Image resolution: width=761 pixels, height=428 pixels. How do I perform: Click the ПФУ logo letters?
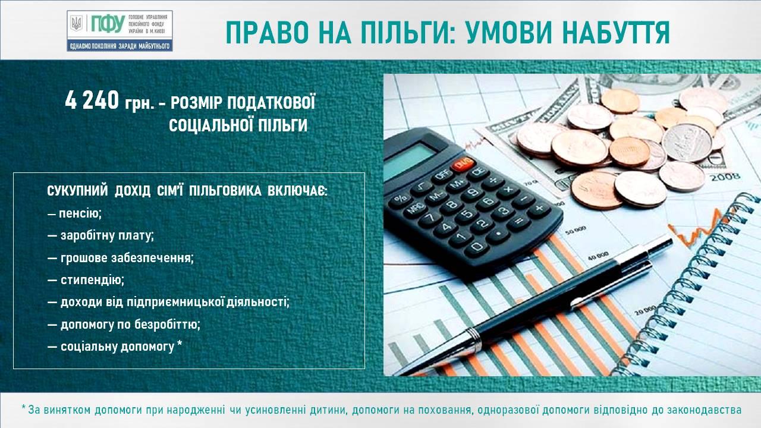[x=108, y=24]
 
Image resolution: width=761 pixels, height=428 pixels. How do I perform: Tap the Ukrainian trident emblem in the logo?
[x=77, y=24]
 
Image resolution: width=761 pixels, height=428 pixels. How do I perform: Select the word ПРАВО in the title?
[x=264, y=33]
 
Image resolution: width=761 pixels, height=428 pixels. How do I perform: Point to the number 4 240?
[x=92, y=100]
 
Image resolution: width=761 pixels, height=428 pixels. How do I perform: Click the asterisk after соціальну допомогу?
[x=180, y=345]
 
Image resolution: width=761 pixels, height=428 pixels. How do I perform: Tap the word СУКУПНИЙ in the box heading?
[x=77, y=191]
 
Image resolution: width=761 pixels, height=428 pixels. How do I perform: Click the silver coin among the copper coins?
[x=687, y=142]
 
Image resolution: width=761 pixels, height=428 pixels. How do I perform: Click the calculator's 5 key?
[x=467, y=214]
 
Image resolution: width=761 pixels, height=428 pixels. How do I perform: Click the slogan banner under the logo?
[x=120, y=46]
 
